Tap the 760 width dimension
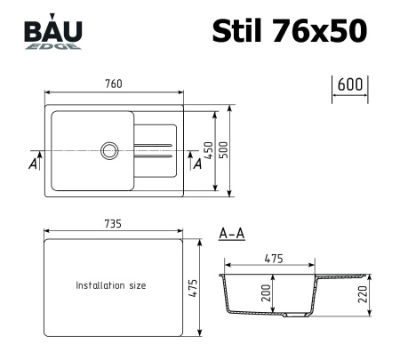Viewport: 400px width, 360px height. coord(114,84)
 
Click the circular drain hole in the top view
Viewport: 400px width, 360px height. coord(109,149)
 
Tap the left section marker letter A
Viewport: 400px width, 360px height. coord(33,165)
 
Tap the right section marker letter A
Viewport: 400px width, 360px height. coord(196,165)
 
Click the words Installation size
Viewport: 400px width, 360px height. coord(111,286)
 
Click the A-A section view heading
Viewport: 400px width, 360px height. coord(232,235)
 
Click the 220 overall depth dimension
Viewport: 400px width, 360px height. coord(363,294)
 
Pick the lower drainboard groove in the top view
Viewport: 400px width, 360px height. coord(154,156)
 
